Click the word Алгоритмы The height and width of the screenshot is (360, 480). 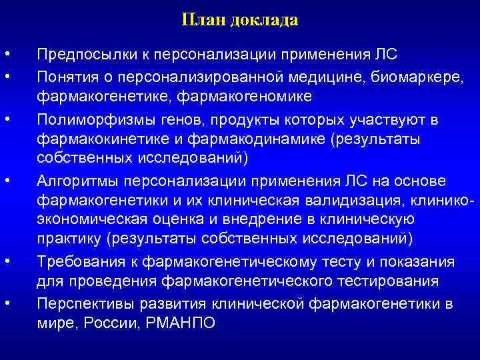74,181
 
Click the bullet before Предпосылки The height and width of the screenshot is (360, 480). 5,53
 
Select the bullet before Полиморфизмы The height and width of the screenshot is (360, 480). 5,119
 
